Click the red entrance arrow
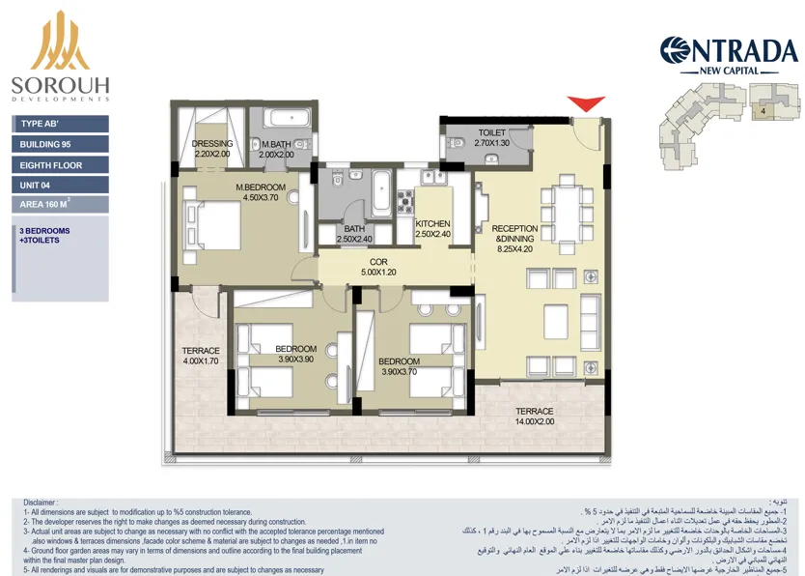(585, 104)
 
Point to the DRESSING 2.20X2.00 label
(212, 149)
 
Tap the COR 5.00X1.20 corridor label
(378, 267)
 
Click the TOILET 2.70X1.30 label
(497, 138)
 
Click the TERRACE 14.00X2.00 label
(534, 417)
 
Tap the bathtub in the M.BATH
(287, 120)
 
